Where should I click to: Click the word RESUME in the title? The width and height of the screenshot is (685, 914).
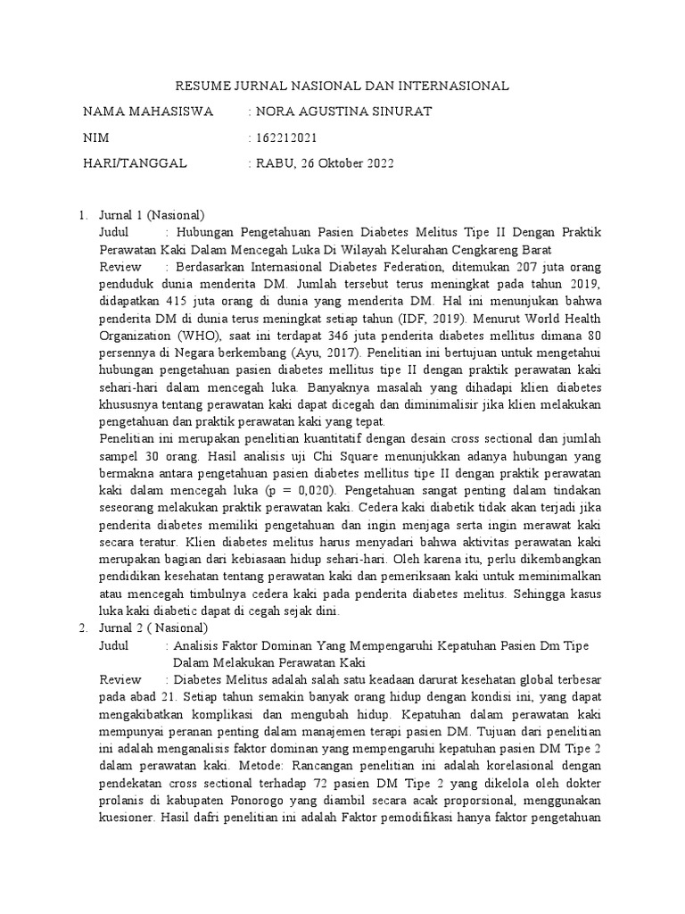(x=200, y=86)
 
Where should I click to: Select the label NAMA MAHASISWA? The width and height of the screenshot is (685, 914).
(x=148, y=112)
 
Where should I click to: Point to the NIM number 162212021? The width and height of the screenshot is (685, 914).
(x=286, y=137)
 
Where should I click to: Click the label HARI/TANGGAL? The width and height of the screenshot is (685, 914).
(x=135, y=163)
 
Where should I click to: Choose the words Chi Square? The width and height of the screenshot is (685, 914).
(x=260, y=456)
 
